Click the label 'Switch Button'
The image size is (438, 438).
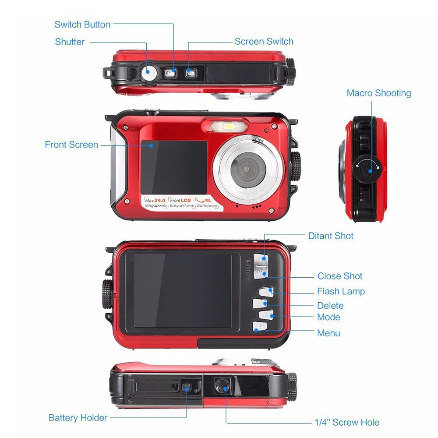click(82, 25)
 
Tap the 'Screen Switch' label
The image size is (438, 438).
click(264, 42)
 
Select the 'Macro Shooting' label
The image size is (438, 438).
click(378, 93)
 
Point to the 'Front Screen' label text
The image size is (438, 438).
click(71, 145)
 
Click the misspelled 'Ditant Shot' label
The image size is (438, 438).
click(331, 236)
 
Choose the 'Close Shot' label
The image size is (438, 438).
click(340, 276)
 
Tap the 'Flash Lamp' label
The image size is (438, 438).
click(341, 291)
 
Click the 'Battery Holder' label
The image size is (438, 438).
click(78, 417)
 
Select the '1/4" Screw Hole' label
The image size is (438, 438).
click(347, 422)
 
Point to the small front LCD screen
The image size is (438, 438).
click(173, 166)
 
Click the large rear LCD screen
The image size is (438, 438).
click(182, 290)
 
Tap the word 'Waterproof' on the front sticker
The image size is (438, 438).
click(207, 205)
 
